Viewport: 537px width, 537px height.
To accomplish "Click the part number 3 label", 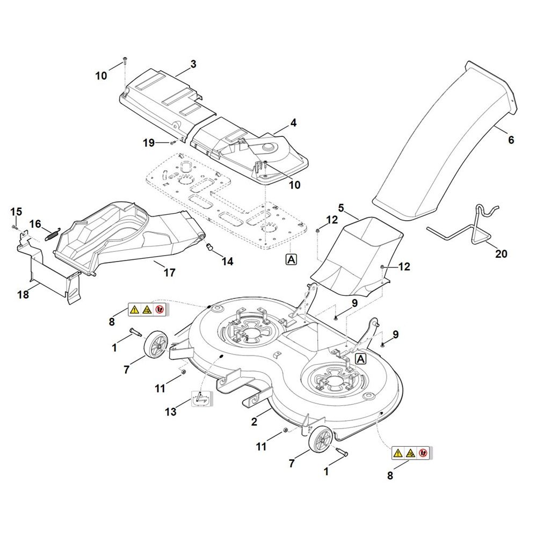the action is point(193,64).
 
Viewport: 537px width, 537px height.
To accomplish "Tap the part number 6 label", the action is point(511,140).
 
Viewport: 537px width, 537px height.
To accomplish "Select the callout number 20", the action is point(501,254).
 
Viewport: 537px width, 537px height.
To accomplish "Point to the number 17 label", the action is point(170,273).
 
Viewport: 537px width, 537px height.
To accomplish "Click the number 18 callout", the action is point(23,294).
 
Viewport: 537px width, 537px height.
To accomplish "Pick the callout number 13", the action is point(171,411).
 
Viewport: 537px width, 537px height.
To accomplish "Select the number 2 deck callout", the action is point(254,422).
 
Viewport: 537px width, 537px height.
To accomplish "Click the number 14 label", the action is point(227,262).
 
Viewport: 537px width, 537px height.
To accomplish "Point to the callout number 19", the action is point(149,143).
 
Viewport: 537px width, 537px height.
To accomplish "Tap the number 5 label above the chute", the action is point(341,208).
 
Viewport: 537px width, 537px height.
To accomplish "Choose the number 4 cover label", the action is point(293,123).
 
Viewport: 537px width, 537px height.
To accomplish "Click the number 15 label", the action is point(16,212).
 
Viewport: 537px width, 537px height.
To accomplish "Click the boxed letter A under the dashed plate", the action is point(291,259).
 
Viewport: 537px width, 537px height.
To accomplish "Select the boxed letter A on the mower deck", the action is point(361,359).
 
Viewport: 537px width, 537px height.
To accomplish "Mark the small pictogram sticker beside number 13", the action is point(201,398).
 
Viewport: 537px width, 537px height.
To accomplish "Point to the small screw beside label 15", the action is point(14,227).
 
